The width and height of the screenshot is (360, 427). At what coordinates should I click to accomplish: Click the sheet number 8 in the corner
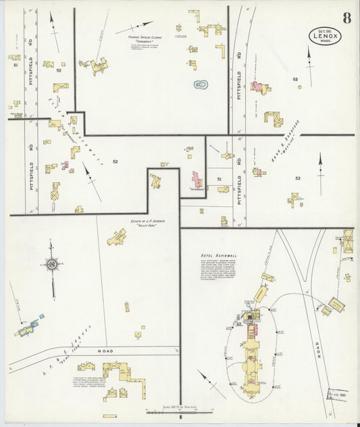[x=346, y=17]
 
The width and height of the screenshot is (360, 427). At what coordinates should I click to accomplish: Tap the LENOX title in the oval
[x=326, y=36]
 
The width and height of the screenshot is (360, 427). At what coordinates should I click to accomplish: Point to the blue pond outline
[x=201, y=84]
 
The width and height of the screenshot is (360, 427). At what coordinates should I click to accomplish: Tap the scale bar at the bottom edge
[x=178, y=411]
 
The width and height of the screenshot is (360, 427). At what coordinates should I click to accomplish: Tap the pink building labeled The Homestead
[x=196, y=180]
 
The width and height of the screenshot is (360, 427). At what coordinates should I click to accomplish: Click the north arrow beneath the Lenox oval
[x=310, y=65]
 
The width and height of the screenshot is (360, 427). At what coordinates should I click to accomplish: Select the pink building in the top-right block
[x=258, y=86]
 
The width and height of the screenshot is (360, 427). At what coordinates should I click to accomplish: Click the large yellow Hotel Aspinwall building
[x=251, y=351]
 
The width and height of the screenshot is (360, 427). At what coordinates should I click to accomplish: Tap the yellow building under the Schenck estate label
[x=117, y=237]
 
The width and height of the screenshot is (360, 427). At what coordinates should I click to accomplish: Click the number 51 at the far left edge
[x=14, y=66]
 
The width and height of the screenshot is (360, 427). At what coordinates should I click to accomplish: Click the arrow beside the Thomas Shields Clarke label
[x=134, y=28]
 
